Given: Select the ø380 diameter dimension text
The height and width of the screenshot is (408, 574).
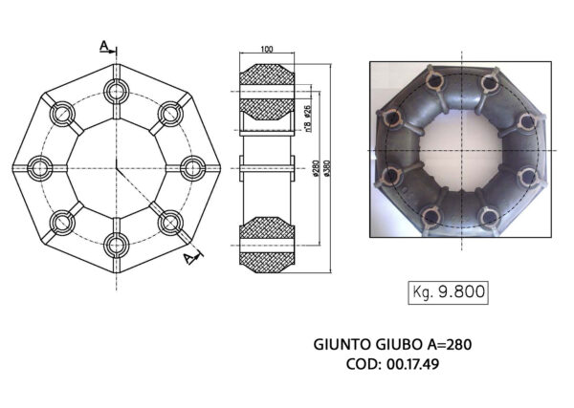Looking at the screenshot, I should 327,168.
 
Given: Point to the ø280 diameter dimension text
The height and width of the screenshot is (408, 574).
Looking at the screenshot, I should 316,168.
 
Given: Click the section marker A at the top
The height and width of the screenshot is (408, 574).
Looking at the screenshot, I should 103,45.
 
